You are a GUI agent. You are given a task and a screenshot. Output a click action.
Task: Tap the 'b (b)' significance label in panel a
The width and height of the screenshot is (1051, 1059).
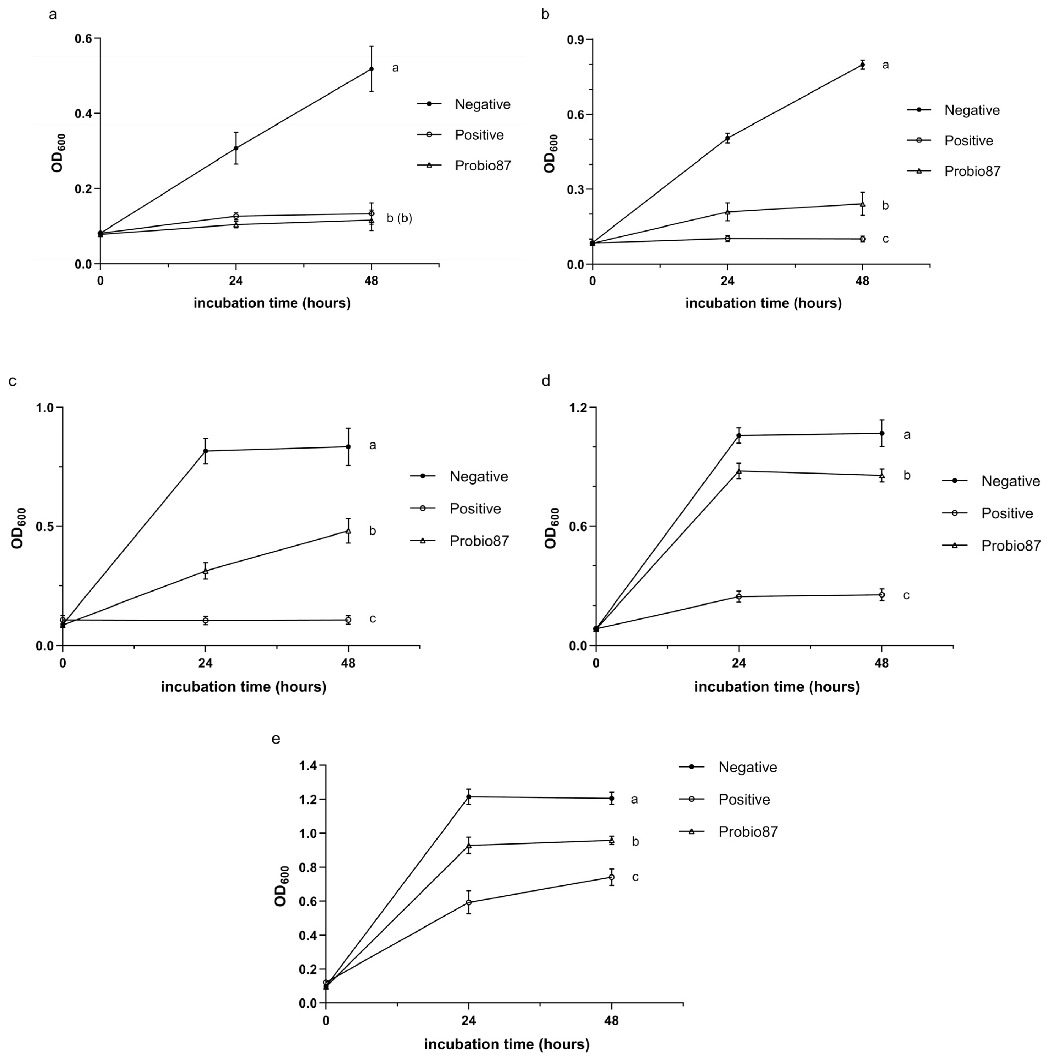399,218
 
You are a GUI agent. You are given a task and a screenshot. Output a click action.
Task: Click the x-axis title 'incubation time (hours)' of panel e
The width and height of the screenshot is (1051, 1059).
507,1044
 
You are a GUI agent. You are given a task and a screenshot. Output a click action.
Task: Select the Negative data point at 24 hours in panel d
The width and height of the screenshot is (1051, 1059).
739,436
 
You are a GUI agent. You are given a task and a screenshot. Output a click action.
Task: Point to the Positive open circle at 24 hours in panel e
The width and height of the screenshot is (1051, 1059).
469,902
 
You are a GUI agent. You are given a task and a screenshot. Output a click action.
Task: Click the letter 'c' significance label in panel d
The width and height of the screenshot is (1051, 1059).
906,595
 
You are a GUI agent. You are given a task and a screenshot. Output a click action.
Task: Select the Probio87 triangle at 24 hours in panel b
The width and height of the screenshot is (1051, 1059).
727,211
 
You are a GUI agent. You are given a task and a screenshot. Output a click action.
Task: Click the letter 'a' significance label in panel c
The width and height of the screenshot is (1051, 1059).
372,445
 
